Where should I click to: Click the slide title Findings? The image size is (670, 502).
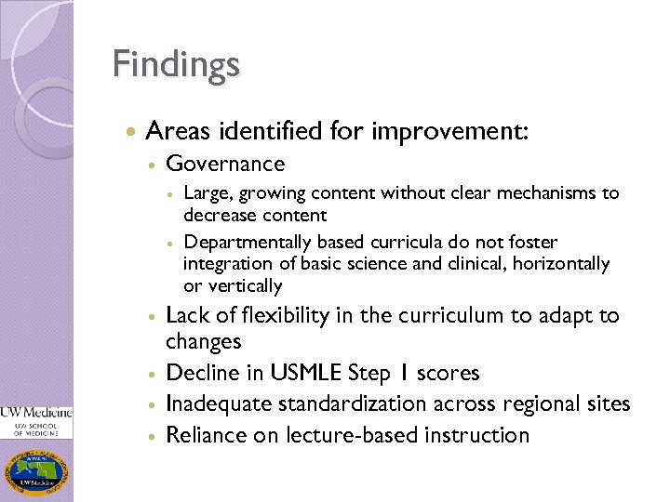pos(176,64)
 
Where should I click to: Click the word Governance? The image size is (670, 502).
pos(225,165)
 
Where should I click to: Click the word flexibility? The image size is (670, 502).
pos(275,316)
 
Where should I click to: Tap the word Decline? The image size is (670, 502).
pos(198,374)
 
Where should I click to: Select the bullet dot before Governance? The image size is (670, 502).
pos(151,165)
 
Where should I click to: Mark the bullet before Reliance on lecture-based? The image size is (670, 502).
pos(151,436)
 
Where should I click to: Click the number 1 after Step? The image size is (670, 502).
pos(397,374)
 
